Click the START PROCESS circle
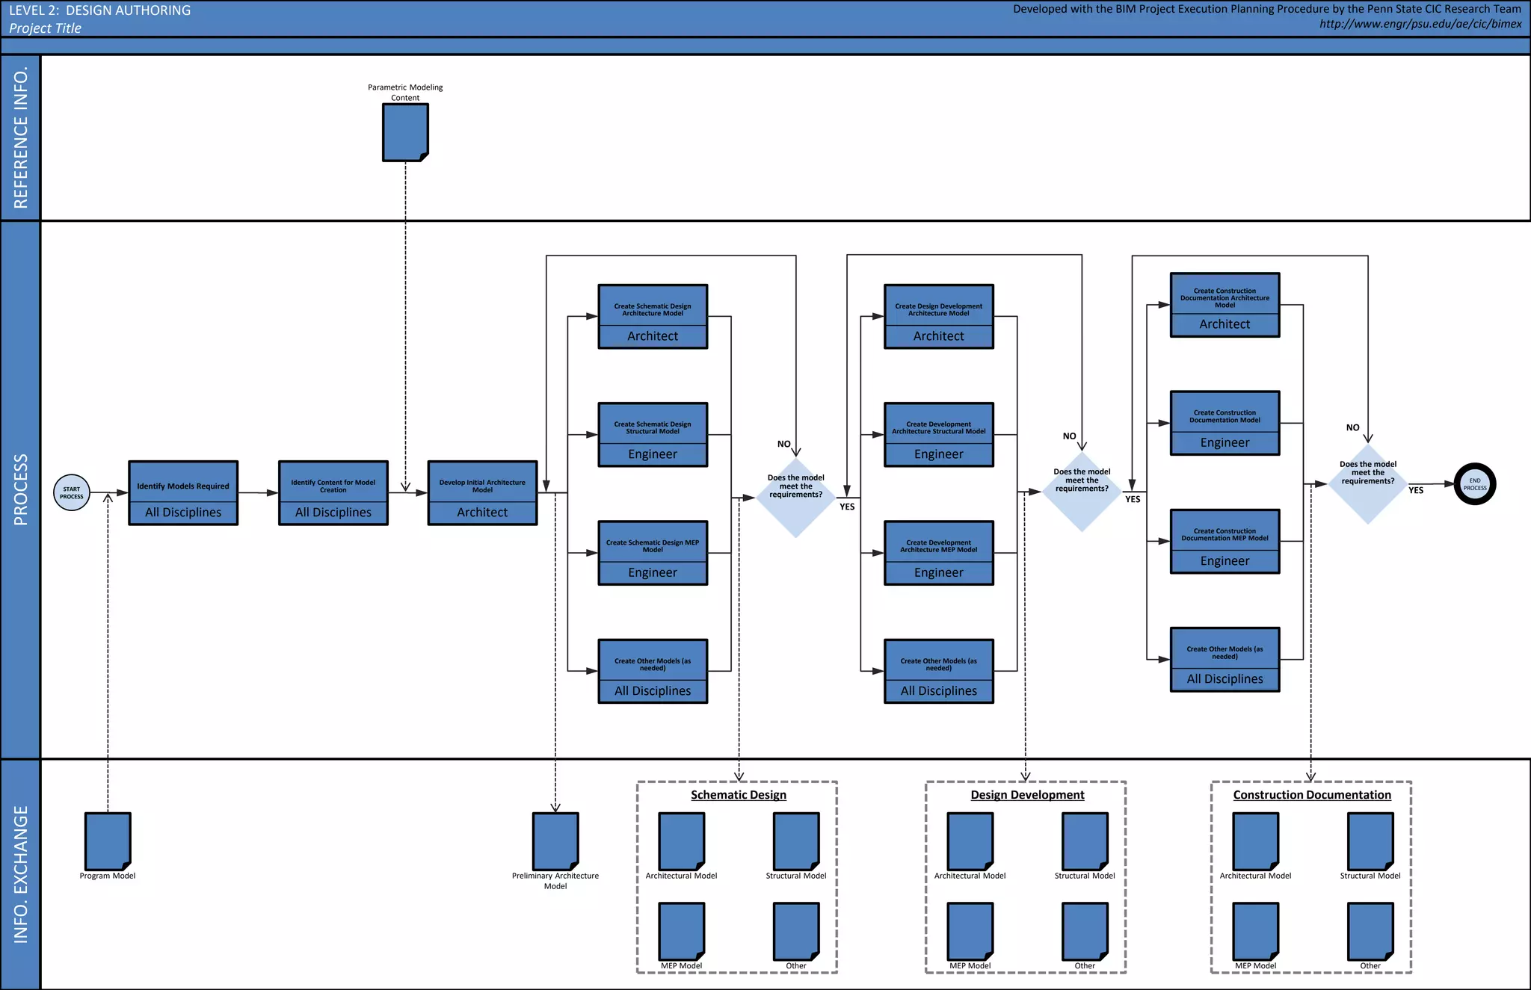[72, 493]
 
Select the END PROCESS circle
[1474, 484]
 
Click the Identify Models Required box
[183, 493]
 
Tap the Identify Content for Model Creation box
[333, 493]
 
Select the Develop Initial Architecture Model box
[482, 493]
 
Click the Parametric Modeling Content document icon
[405, 132]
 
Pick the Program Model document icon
[108, 841]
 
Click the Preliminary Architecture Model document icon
[555, 841]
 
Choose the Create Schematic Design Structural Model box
[653, 435]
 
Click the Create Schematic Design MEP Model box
[653, 553]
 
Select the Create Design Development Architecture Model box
[939, 317]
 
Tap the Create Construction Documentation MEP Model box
[1225, 542]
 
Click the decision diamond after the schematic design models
[796, 497]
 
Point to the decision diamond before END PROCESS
[1368, 484]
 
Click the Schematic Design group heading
[739, 795]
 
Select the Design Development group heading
[1027, 795]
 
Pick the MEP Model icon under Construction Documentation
[1255, 931]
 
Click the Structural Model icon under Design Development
[1085, 841]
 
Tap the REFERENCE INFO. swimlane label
[21, 137]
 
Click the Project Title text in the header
[46, 28]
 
